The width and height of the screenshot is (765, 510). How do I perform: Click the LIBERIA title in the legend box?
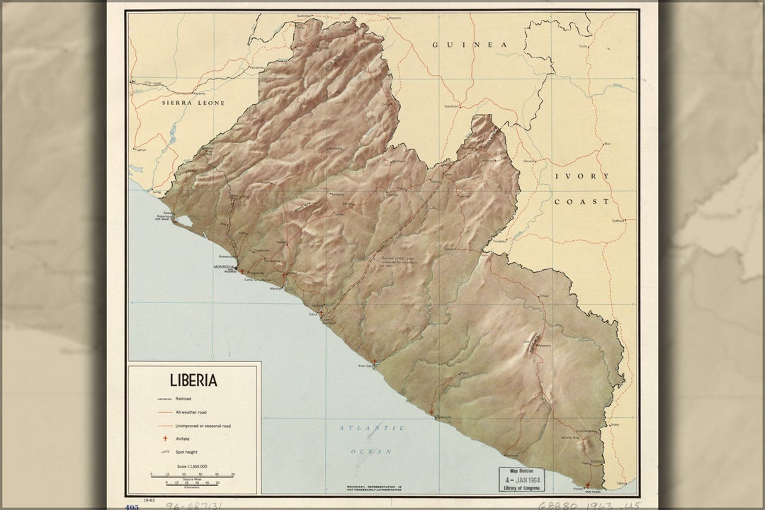coord(193,380)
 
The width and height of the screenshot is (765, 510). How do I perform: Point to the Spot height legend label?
coord(187,451)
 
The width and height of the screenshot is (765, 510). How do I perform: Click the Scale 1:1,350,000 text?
coord(193,465)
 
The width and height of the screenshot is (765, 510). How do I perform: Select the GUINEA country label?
coord(470,44)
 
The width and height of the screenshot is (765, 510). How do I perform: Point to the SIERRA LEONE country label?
coord(193,103)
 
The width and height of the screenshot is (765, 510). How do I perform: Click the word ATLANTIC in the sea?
coord(372,428)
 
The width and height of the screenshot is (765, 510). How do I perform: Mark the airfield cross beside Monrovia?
coord(242,271)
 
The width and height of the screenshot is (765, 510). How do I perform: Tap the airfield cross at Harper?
coord(586,485)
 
